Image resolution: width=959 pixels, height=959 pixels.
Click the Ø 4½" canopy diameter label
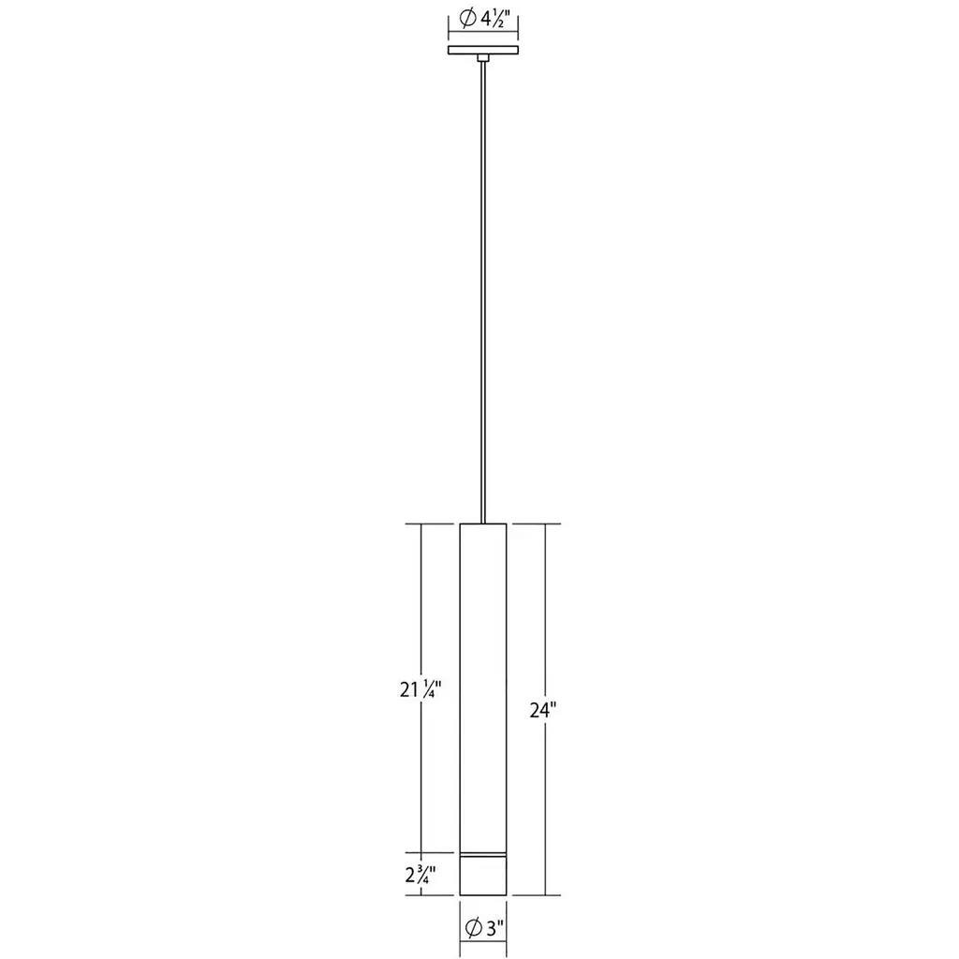tap(484, 19)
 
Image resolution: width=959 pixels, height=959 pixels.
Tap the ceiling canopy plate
tap(483, 51)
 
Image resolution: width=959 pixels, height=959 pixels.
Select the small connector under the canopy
tap(483, 58)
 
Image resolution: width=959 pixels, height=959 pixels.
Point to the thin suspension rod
tap(483, 292)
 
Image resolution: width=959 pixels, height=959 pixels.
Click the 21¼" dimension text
tap(420, 689)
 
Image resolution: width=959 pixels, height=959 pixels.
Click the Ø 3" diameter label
tap(484, 928)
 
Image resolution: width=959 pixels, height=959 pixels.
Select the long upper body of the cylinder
tap(483, 687)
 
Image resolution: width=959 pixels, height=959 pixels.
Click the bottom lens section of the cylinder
tap(483, 877)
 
